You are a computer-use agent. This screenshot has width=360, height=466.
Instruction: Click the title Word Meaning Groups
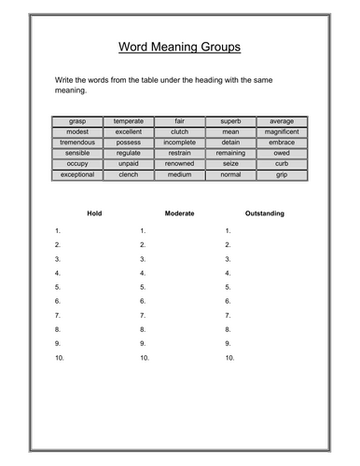[180, 47]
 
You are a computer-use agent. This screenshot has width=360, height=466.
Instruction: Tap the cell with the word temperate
[129, 121]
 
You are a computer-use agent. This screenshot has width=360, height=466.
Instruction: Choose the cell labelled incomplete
[180, 143]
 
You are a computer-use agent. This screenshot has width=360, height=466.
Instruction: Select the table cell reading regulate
[129, 153]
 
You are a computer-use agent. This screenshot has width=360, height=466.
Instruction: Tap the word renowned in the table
[180, 164]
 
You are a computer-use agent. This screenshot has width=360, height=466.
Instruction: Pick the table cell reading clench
[129, 174]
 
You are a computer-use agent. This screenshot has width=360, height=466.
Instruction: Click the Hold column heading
[94, 213]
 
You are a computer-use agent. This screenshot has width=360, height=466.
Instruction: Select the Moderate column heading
[179, 213]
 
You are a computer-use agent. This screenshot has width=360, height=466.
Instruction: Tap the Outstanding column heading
[265, 213]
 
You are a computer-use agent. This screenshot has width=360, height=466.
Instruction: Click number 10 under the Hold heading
[59, 358]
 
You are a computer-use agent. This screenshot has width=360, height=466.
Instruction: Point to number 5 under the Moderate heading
[143, 287]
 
